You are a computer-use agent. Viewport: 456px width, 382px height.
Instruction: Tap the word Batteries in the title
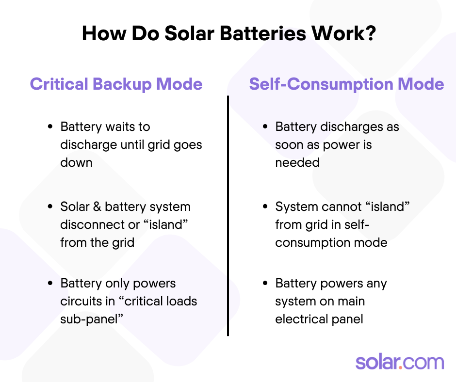263,33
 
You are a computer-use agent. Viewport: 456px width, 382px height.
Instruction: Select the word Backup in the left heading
122,84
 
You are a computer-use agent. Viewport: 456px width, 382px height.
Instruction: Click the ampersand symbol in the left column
97,207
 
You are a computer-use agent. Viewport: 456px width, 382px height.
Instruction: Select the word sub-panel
89,319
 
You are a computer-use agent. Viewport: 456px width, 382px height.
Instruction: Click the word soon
288,145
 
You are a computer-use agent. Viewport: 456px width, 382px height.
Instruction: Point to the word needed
297,163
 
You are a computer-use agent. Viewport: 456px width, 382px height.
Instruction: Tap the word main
351,301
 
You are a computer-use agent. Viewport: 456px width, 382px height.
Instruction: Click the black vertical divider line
228,216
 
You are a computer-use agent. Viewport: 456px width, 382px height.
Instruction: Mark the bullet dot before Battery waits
50,127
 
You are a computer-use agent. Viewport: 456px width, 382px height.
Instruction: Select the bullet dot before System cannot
265,207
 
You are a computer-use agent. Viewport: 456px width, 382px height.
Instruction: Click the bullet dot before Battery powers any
265,283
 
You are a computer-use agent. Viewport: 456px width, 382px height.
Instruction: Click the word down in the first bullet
76,163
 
